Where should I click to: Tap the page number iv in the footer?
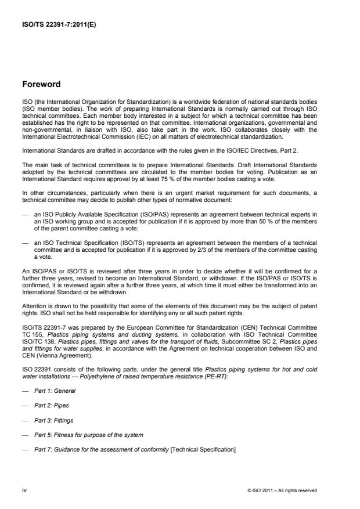click(x=24, y=490)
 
